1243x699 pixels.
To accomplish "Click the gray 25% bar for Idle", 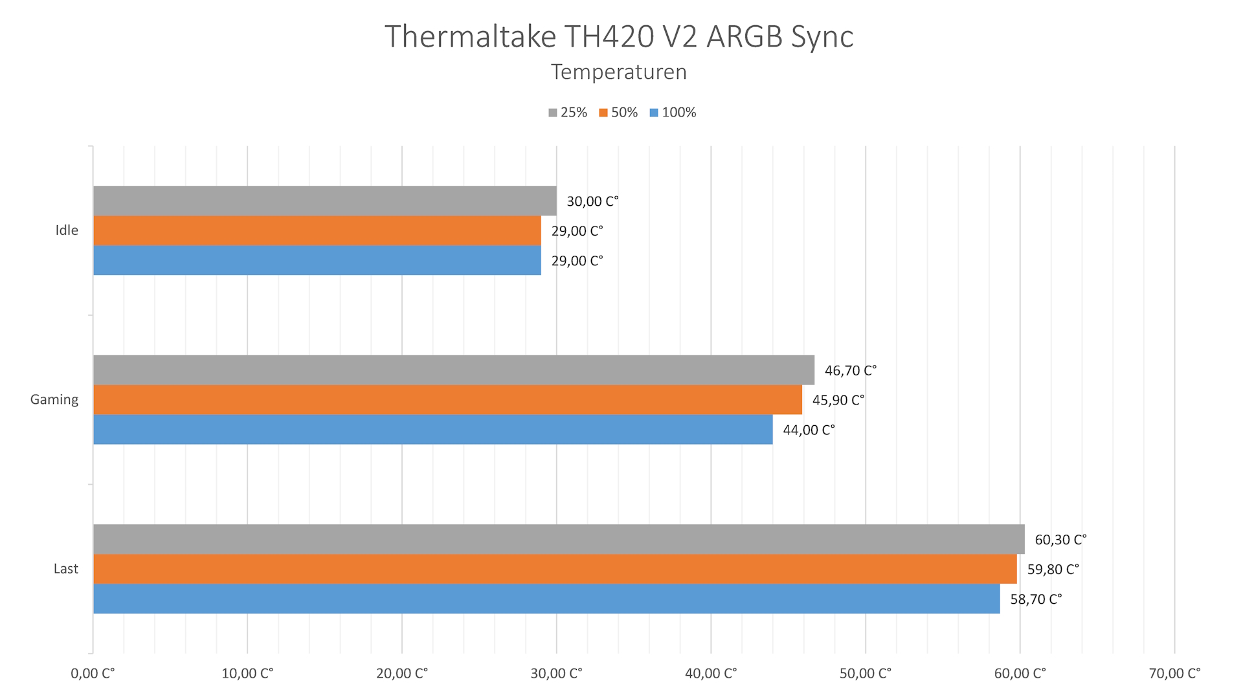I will [324, 201].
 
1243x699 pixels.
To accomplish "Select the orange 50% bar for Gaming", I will [447, 399].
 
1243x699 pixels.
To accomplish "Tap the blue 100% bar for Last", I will [546, 599].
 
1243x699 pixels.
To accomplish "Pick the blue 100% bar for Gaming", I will [432, 429].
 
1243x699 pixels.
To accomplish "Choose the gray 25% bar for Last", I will [559, 539].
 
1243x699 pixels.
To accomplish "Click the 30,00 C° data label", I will [592, 201].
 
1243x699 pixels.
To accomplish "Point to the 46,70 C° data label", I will [850, 370].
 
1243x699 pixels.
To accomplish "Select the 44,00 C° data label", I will [809, 430].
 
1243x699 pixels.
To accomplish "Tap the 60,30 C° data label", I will [1060, 540].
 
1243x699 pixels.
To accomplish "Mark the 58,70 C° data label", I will [1036, 599].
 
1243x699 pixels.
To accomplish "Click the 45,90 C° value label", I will [838, 400].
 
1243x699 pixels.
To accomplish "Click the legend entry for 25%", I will [568, 113].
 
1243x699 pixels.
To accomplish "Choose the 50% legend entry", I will [618, 113].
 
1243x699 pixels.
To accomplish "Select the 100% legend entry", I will [673, 113].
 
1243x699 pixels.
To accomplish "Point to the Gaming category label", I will [54, 399].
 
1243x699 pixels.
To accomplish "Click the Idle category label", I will [67, 230].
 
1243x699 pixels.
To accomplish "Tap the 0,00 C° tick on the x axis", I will [93, 674].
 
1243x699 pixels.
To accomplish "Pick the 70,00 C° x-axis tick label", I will [1174, 674].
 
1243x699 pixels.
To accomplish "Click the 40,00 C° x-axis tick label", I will [711, 674].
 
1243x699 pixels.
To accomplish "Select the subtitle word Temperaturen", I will [619, 72].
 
